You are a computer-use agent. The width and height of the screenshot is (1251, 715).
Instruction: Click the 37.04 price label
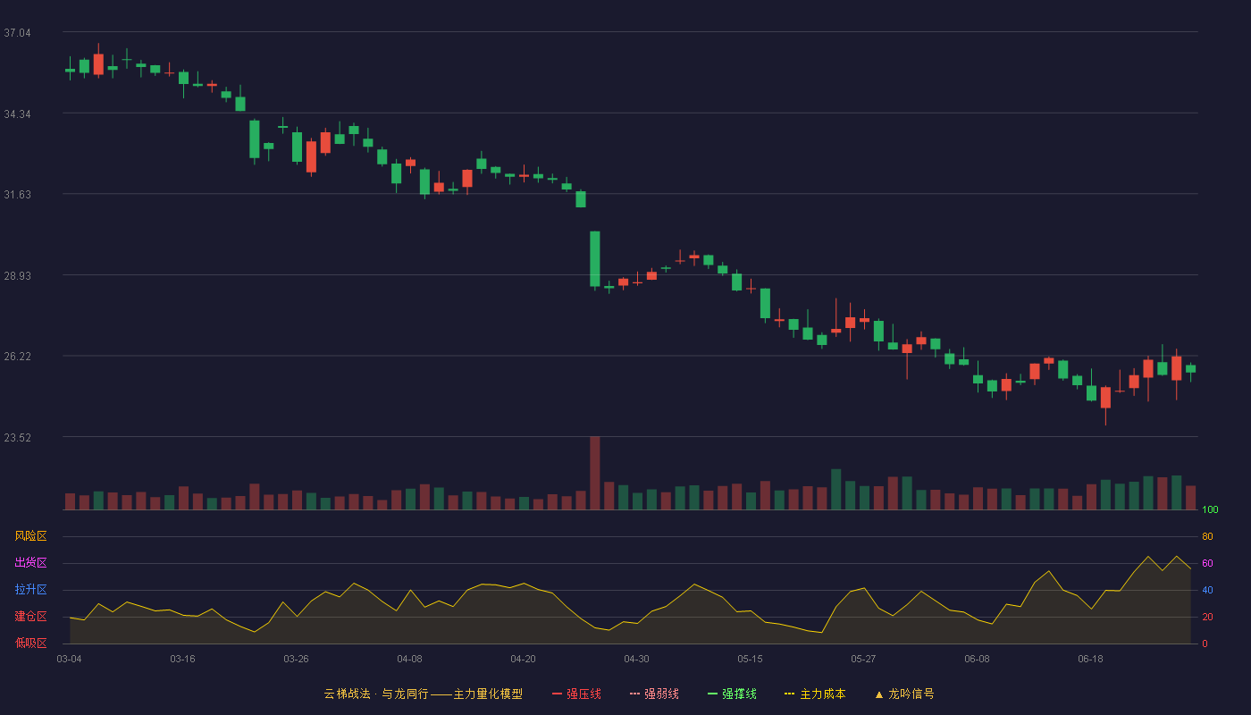coord(17,33)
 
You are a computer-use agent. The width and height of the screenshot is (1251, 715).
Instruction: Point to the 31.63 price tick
coord(17,195)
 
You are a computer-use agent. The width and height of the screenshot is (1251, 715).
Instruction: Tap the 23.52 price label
coord(17,438)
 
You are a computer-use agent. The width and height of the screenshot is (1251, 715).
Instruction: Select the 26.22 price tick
coord(17,357)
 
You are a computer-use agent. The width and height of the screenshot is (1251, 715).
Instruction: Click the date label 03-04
coord(70,660)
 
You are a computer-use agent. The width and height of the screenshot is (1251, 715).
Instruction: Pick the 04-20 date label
coord(524,660)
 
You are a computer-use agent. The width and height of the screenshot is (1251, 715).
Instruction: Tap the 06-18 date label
coord(1091,660)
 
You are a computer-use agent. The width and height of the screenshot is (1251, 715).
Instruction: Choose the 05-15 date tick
coord(750,660)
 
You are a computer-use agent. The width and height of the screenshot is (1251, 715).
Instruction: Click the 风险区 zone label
coord(30,536)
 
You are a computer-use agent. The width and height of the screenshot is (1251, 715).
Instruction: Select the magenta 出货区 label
coord(30,563)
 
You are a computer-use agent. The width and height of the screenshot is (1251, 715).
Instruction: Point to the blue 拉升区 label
coord(30,590)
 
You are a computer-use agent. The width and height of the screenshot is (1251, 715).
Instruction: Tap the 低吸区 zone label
coord(30,643)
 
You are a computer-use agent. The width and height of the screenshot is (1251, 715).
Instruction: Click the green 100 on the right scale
coord(1210,510)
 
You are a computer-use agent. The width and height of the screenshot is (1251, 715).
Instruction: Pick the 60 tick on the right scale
coord(1207,564)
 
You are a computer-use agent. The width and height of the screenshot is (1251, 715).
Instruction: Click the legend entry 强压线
coord(577,694)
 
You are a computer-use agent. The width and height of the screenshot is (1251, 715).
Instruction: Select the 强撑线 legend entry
coord(732,694)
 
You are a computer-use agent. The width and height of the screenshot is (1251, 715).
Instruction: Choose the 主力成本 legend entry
coord(815,694)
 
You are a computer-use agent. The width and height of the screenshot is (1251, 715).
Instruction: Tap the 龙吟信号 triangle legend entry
coord(904,694)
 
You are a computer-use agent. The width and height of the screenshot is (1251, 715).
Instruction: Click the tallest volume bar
coord(595,473)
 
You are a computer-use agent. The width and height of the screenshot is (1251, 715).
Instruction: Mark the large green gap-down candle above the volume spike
coord(595,259)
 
